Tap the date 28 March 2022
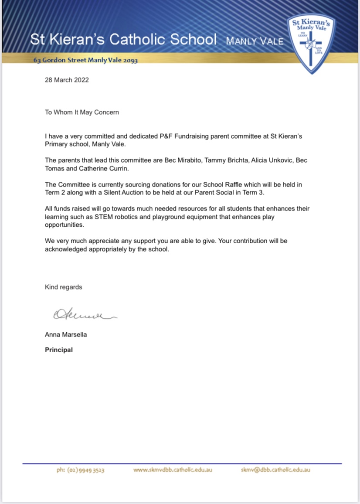click(x=67, y=80)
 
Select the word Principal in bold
click(x=59, y=350)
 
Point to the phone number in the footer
click(x=80, y=470)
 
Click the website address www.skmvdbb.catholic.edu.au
click(x=173, y=470)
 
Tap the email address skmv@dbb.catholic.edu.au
click(x=275, y=470)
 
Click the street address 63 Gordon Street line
click(x=85, y=60)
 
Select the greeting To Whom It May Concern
click(x=82, y=112)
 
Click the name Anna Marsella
click(x=66, y=335)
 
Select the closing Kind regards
click(x=63, y=287)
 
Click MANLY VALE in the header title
click(x=255, y=41)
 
